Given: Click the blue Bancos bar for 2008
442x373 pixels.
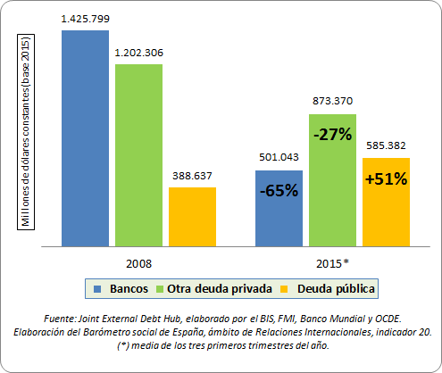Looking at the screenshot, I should [86, 137].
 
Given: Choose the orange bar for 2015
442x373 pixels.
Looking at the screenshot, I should [386, 201].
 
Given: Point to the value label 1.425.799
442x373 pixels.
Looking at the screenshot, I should [86, 18].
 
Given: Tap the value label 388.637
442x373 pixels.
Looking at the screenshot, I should [192, 176].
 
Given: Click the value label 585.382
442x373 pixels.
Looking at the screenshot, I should [386, 145].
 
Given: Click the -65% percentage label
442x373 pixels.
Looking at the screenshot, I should [279, 190].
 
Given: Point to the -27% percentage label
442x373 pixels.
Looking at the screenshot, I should [332, 136].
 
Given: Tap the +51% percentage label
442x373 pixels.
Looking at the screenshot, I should [386, 178].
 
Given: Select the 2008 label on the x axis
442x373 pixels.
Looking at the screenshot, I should [138, 263].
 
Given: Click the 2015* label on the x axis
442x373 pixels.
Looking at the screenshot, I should [332, 263].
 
